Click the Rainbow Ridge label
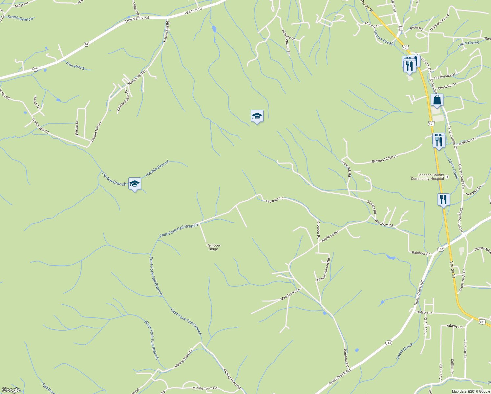click(213, 247)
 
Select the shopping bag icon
click(437, 100)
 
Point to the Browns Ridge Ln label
click(385, 159)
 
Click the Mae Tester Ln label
click(290, 295)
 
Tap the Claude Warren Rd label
click(324, 270)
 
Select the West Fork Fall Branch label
click(152, 340)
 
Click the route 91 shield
click(400, 29)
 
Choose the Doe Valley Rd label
click(137, 20)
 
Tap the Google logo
click(11, 390)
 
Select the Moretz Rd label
click(372, 207)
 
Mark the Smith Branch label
click(20, 18)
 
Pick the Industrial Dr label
click(425, 326)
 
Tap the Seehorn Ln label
click(474, 191)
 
